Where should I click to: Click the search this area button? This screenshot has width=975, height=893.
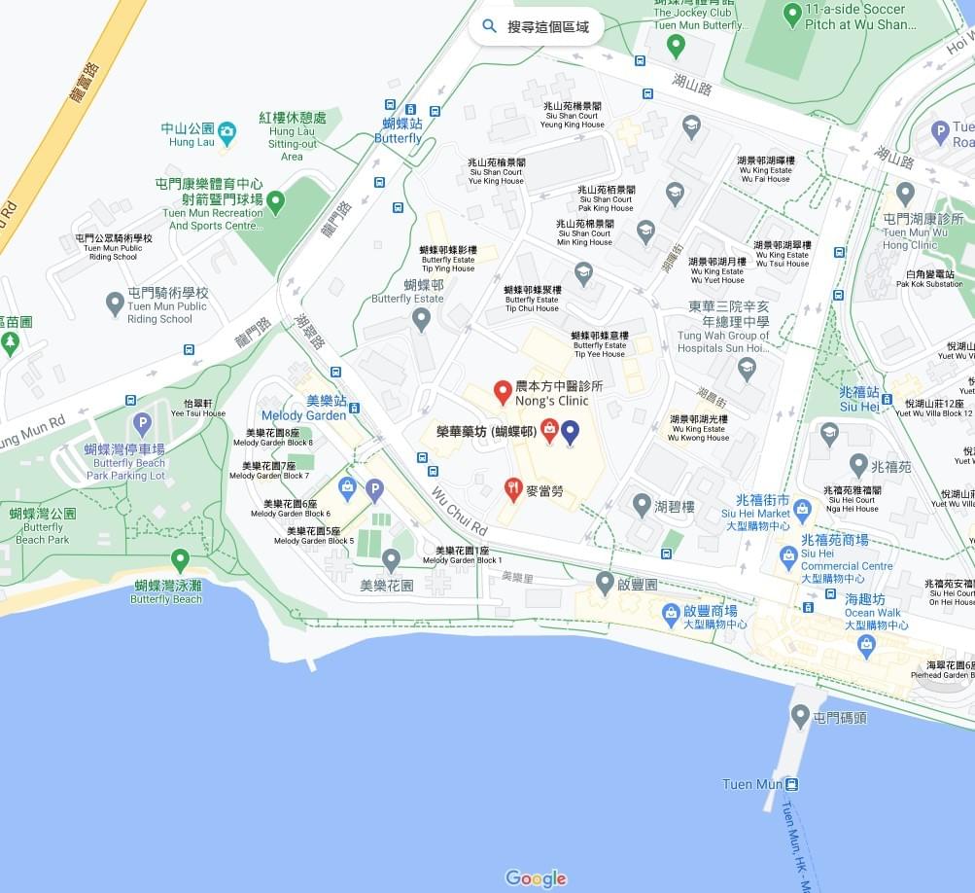(536, 26)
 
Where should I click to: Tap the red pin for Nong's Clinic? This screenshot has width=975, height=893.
(503, 392)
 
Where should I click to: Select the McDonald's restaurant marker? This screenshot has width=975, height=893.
(513, 489)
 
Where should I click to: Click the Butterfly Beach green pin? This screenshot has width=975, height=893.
(180, 559)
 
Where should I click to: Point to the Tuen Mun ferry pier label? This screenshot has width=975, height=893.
(752, 784)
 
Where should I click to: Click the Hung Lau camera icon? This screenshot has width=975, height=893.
(226, 130)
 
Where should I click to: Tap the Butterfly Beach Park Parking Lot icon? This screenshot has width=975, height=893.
(142, 423)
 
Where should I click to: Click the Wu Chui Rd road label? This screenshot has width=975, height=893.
(459, 512)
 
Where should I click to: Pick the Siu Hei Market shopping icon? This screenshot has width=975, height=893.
(802, 507)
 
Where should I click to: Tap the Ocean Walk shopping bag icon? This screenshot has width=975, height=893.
(865, 643)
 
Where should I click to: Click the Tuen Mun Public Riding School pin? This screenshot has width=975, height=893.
(116, 304)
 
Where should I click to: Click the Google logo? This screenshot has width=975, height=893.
(536, 878)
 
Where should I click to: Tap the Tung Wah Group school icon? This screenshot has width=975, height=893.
(747, 368)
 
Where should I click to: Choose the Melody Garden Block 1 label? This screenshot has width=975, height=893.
(463, 555)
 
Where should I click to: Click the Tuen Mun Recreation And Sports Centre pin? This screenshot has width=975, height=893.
(276, 202)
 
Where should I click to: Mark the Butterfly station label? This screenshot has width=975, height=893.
(400, 131)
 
